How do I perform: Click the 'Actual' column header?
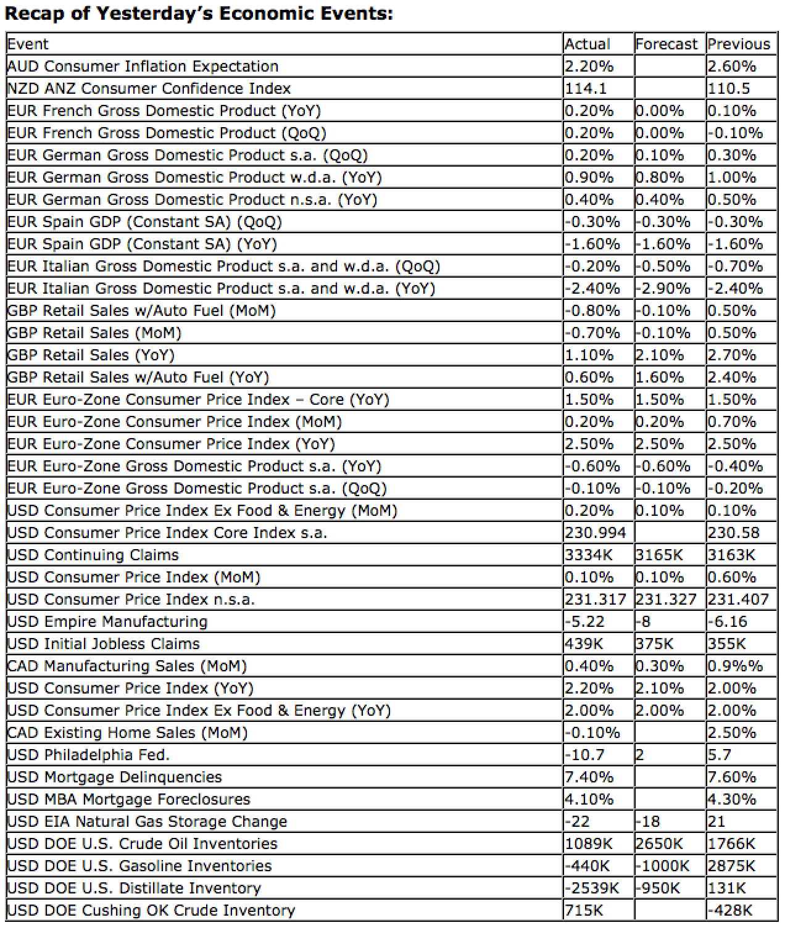pyautogui.click(x=587, y=44)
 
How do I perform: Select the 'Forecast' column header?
pyautogui.click(x=666, y=44)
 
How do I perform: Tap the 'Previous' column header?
pyautogui.click(x=739, y=44)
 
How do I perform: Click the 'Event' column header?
pyautogui.click(x=28, y=44)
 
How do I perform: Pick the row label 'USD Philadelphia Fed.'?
pyautogui.click(x=88, y=755)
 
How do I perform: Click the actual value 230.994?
pyautogui.click(x=596, y=532)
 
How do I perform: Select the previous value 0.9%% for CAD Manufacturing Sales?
pyautogui.click(x=735, y=666)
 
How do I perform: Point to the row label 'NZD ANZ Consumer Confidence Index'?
pyautogui.click(x=149, y=88)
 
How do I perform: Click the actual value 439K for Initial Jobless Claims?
pyautogui.click(x=584, y=644)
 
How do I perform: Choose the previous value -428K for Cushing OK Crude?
pyautogui.click(x=730, y=910)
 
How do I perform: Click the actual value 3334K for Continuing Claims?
pyautogui.click(x=589, y=555)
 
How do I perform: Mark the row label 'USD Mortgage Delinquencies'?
pyautogui.click(x=114, y=777)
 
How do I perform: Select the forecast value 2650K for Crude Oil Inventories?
pyautogui.click(x=659, y=843)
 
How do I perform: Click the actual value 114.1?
pyautogui.click(x=586, y=88)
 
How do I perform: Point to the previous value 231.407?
pyautogui.click(x=738, y=599)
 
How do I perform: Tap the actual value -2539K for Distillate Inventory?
pyautogui.click(x=592, y=888)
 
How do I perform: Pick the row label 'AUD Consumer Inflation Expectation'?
pyautogui.click(x=143, y=66)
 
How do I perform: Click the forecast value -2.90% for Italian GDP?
pyautogui.click(x=662, y=288)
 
